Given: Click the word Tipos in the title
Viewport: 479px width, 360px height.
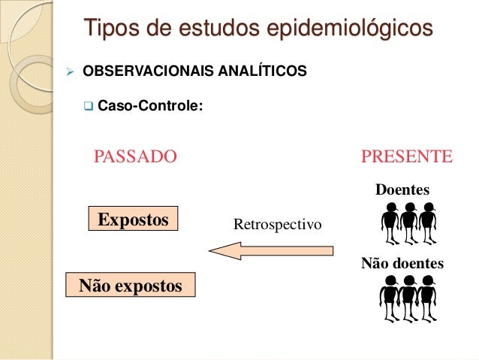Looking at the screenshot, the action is click(x=108, y=29).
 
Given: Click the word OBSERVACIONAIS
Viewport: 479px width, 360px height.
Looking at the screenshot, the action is click(x=137, y=72).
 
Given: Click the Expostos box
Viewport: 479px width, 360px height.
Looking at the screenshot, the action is click(x=133, y=219).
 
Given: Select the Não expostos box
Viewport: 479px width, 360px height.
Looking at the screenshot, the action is click(x=131, y=286).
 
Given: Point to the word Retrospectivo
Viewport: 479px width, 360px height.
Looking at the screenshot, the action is click(x=277, y=224).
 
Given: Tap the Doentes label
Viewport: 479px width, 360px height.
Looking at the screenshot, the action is click(x=402, y=189).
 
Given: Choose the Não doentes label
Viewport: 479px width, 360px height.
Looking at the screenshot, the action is click(x=402, y=264).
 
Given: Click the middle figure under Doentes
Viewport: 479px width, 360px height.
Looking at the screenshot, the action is click(x=409, y=222).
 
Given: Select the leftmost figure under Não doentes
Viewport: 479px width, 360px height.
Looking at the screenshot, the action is click(x=390, y=296).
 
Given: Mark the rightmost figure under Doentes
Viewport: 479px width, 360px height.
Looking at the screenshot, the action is click(x=427, y=222).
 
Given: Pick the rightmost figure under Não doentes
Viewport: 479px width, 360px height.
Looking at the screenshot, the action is click(x=427, y=296).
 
